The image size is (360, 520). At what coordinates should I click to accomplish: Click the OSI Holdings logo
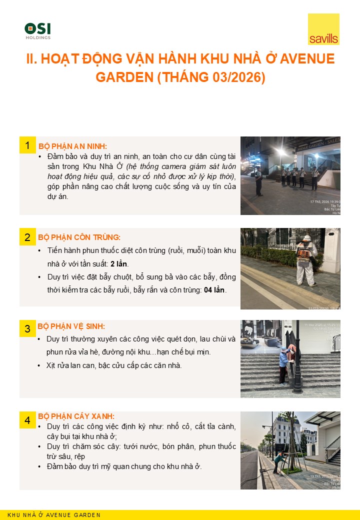click(x=37, y=30)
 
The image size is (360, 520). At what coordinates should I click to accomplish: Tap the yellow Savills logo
click(x=323, y=29)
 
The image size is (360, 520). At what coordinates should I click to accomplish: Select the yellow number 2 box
click(x=27, y=237)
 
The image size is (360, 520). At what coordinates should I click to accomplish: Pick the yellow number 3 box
click(x=27, y=328)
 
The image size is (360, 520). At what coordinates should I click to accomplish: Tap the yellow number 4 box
click(x=27, y=420)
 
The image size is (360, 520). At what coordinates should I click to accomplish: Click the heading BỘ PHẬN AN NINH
click(x=72, y=146)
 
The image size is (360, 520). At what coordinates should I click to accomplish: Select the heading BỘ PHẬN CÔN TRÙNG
click(x=79, y=237)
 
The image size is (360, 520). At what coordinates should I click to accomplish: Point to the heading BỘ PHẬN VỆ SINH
click(x=71, y=326)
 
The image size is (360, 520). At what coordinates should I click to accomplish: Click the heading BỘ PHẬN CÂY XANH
click(x=76, y=416)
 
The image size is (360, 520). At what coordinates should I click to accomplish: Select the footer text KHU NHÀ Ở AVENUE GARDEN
click(x=54, y=515)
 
